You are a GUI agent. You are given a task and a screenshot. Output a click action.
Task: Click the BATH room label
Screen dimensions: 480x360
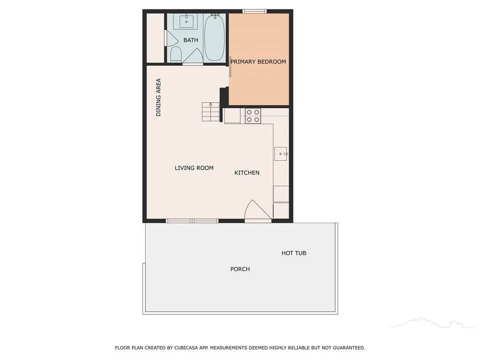click(190, 40)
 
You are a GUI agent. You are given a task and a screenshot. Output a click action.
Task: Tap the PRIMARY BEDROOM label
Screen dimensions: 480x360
click(258, 61)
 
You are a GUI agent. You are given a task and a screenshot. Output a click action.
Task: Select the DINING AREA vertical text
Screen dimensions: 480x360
click(158, 97)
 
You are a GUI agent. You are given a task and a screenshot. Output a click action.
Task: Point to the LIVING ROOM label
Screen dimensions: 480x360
click(194, 168)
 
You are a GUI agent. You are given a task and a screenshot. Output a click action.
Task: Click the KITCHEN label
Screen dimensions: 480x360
click(247, 172)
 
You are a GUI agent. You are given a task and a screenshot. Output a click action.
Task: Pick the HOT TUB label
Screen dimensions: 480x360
click(294, 253)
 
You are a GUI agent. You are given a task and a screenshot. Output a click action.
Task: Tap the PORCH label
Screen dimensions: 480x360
click(240, 269)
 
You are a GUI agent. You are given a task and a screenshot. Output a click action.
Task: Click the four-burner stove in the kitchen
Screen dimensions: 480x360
click(253, 116)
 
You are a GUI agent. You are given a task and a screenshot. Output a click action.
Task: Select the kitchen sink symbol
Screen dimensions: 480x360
click(281, 154)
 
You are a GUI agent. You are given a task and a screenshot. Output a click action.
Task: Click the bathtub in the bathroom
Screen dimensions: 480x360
click(214, 37)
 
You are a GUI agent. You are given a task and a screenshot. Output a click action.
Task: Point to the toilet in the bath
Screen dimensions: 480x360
click(176, 54)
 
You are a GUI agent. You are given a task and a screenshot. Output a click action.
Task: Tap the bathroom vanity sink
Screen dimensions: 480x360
click(186, 21)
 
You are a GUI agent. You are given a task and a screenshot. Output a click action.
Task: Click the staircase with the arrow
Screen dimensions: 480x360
click(210, 112)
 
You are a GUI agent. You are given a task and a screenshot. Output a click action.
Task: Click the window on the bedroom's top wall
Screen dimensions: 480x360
click(255, 11)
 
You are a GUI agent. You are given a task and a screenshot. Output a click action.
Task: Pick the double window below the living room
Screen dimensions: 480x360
click(192, 221)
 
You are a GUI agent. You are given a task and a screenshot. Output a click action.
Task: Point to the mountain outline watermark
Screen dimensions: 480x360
click(432, 322)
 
